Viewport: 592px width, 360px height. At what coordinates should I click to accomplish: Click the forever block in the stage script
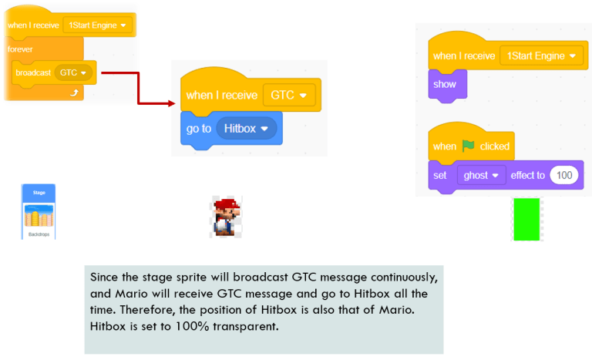(22, 49)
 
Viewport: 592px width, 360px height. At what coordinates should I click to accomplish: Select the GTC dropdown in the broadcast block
(76, 72)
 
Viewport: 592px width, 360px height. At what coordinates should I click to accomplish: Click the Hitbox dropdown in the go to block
(246, 129)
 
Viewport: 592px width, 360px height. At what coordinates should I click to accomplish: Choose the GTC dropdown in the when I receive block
(288, 96)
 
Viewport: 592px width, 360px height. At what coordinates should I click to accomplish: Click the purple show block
(446, 84)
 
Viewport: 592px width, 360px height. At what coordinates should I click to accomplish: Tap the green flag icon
(469, 146)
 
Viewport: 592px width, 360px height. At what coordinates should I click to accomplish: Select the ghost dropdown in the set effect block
(481, 176)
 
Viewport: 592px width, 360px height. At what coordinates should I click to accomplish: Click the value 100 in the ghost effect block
(564, 176)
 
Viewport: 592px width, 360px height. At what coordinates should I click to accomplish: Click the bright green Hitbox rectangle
(526, 219)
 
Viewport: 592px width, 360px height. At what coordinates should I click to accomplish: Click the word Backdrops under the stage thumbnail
(38, 234)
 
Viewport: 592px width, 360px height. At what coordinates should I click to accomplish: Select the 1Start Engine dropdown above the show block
(542, 56)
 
